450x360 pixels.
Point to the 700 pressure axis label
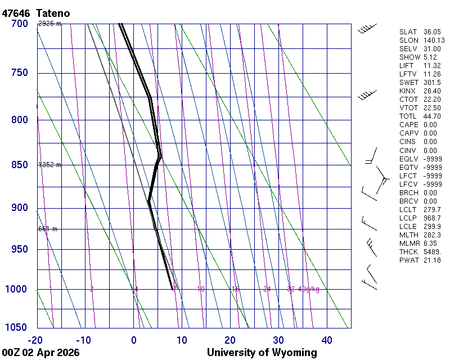19,24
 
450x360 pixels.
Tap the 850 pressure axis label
19,165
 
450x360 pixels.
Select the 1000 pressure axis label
17,289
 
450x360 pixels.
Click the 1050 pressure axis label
17,327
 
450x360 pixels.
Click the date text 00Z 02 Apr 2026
40,353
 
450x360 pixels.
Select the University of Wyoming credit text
262,353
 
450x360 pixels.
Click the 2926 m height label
49,24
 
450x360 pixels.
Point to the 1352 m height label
49,165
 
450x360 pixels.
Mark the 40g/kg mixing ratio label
309,289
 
